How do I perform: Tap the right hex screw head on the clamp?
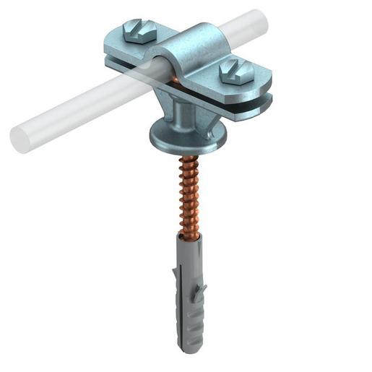(235, 71)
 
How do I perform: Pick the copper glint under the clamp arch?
(176, 75)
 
